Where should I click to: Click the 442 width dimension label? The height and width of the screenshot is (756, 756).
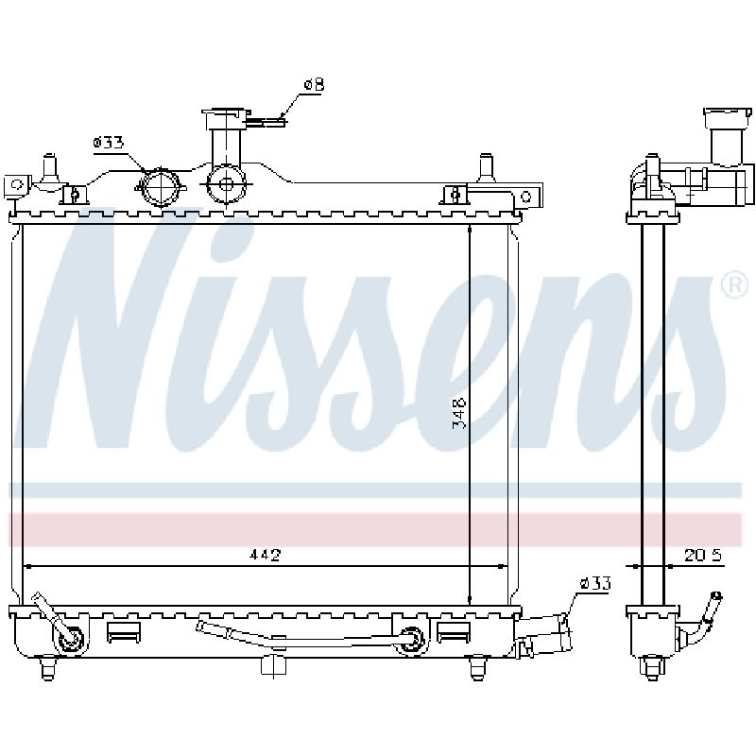(265, 555)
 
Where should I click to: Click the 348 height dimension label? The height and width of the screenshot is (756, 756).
(459, 413)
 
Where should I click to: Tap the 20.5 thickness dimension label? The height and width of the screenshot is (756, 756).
(703, 556)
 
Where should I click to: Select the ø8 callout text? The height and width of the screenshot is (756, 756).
(314, 85)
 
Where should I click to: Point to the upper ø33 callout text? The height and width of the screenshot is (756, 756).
(109, 143)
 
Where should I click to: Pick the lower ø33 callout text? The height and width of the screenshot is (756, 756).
(595, 584)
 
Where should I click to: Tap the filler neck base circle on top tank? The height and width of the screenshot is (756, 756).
(226, 183)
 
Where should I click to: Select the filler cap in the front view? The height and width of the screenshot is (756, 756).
(225, 119)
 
